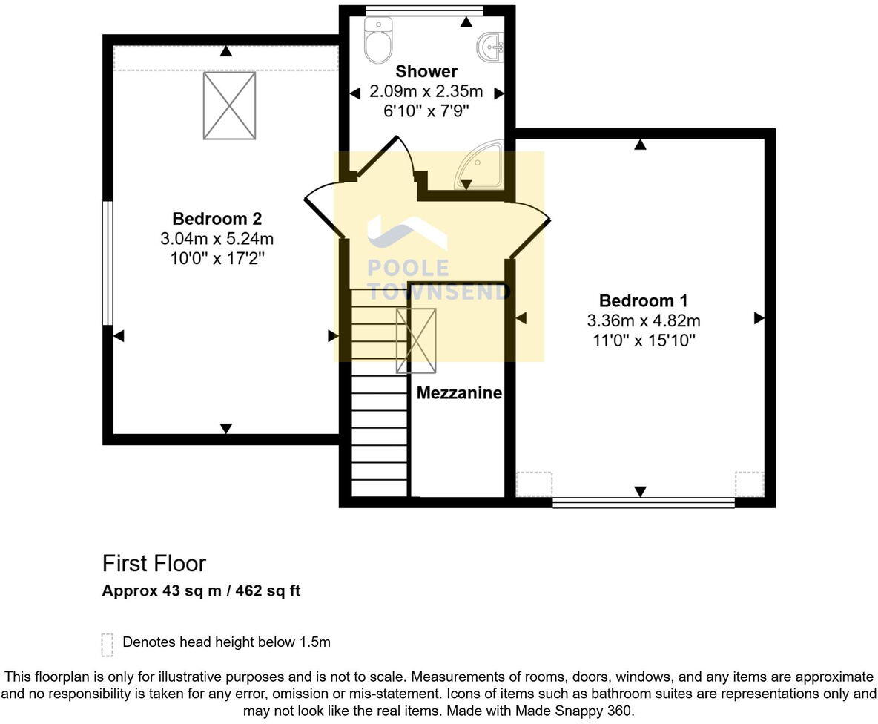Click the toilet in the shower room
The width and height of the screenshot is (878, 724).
coord(378,41)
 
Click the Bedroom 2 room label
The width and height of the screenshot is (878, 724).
coord(217,219)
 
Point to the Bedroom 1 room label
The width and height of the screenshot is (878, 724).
coord(643,300)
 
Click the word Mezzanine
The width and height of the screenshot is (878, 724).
coord(459,393)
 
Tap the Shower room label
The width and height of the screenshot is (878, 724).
coord(426,72)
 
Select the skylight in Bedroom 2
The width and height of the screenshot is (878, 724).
coord(229,105)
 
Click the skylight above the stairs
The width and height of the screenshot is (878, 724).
coord(416,340)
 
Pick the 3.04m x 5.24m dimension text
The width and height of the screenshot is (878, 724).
coord(217,239)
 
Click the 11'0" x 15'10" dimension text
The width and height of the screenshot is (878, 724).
coord(643,340)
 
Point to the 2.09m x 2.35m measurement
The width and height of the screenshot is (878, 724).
coord(426,92)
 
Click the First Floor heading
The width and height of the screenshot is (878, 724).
coord(154,564)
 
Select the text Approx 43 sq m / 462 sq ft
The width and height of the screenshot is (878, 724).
coord(201,591)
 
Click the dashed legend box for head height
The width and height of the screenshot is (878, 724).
coord(108,645)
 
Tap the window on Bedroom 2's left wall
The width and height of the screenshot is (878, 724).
coord(108,263)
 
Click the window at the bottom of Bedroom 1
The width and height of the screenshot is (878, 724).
coord(643,502)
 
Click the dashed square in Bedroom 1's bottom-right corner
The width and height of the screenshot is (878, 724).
coord(749,484)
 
